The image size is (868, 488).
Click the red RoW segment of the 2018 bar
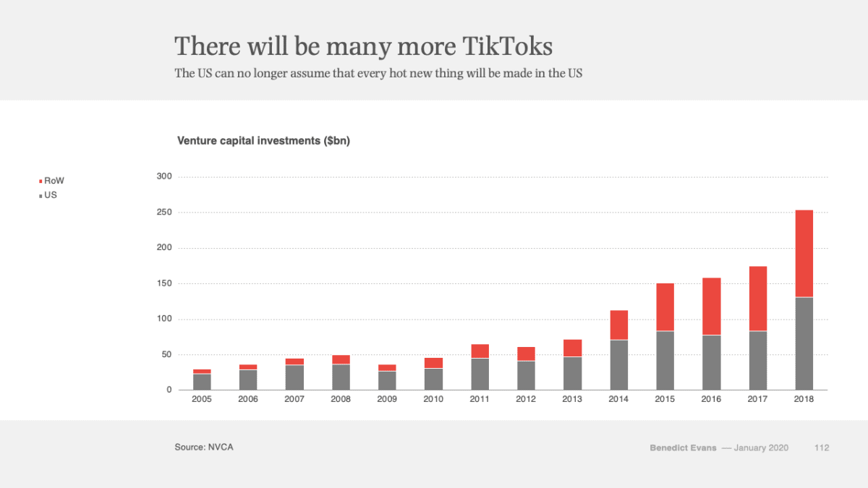(804, 253)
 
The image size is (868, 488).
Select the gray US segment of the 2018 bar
(804, 343)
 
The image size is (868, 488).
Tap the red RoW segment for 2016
(711, 306)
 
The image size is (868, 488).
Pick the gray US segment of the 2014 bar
(618, 365)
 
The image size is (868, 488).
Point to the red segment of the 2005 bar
(202, 372)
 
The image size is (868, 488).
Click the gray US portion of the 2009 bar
(387, 380)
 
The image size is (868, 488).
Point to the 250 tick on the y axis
(164, 213)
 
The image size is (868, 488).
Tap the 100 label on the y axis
(164, 319)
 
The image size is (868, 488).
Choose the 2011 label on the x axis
(480, 400)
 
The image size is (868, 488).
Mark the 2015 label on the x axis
(665, 400)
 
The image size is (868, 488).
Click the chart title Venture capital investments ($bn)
(263, 141)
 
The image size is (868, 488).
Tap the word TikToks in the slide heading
(507, 46)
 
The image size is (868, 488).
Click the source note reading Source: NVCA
(204, 448)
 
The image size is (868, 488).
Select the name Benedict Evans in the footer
(683, 448)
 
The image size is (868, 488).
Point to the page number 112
(821, 448)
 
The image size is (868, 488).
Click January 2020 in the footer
(761, 448)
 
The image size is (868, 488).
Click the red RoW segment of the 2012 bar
(526, 354)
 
